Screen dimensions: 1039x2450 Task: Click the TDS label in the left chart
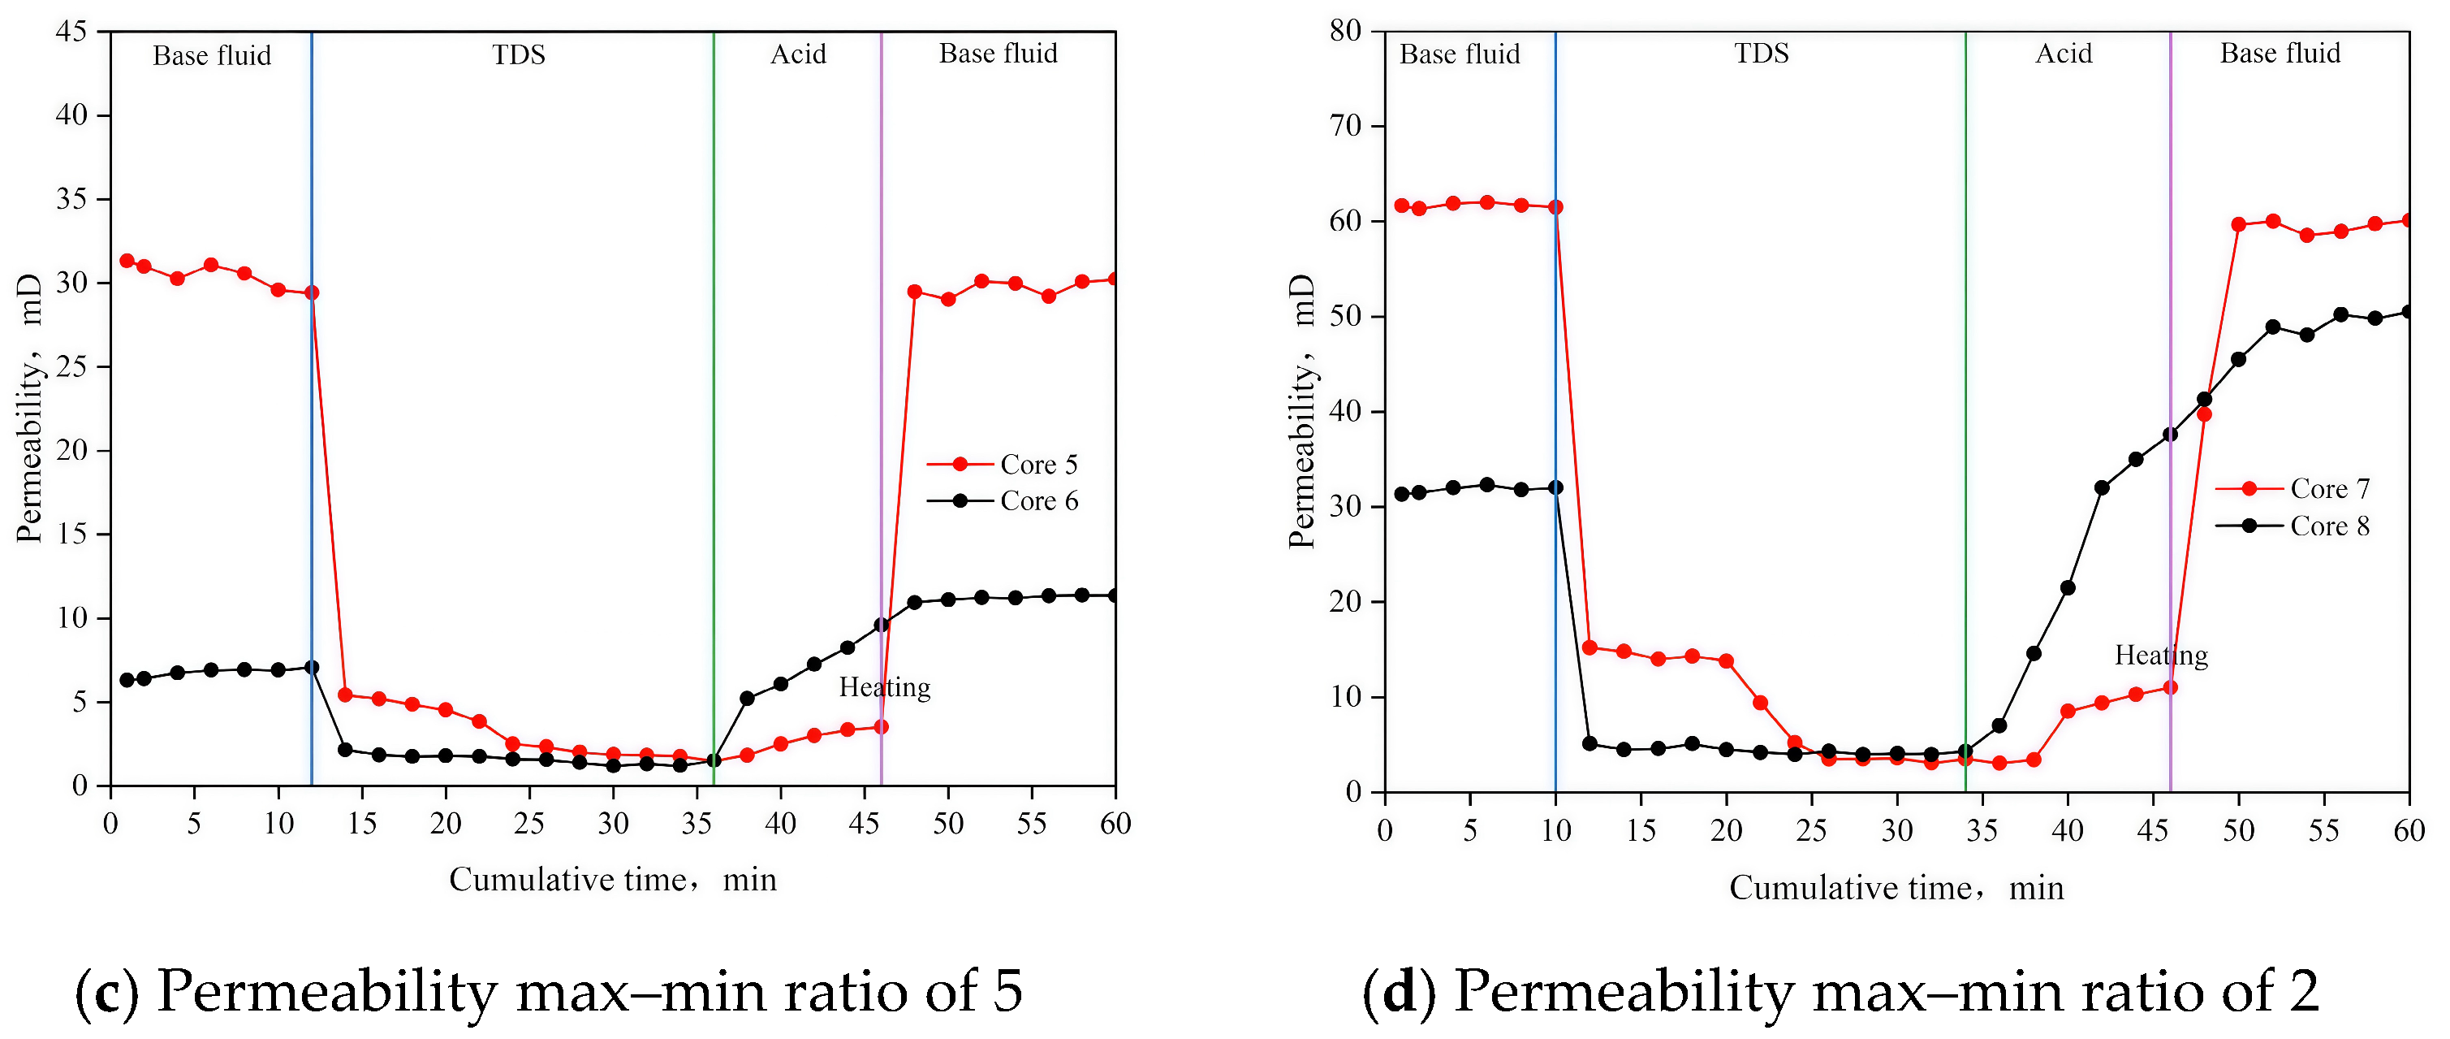pyautogui.click(x=519, y=54)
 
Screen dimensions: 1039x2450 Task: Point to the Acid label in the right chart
pyautogui.click(x=2063, y=54)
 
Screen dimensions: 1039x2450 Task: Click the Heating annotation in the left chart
pyautogui.click(x=885, y=687)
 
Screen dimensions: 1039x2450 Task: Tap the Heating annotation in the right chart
pyautogui.click(x=2161, y=655)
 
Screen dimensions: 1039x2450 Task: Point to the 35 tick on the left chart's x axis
pyautogui.click(x=697, y=823)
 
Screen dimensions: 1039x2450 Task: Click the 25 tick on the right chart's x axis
pyautogui.click(x=1811, y=830)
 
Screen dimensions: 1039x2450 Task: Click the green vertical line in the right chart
pyautogui.click(x=1966, y=380)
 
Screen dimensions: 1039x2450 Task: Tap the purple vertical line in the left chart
pyautogui.click(x=881, y=380)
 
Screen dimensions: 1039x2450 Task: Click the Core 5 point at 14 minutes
pyautogui.click(x=345, y=695)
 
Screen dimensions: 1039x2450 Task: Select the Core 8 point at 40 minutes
pyautogui.click(x=2068, y=588)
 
